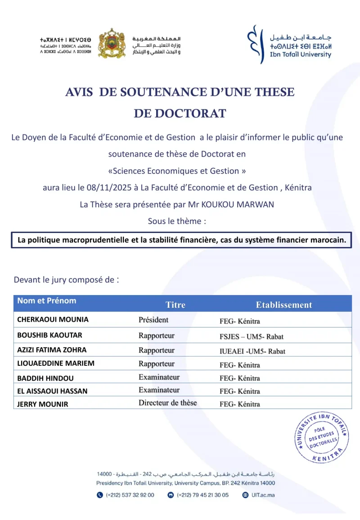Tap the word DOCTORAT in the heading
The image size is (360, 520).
180,113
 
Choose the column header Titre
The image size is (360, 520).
175,305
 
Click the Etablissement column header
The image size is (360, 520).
284,305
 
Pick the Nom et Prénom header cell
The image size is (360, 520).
47,300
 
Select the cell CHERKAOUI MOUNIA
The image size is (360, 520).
53,319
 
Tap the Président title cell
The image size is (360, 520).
153,320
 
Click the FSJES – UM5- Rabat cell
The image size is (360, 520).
251,336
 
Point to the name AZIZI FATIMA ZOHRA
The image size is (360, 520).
52,350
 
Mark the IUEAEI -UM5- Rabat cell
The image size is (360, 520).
252,351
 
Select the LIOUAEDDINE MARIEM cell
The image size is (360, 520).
56,363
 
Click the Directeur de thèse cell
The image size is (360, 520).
167,403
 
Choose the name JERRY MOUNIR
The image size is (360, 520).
43,404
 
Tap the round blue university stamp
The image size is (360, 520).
321,437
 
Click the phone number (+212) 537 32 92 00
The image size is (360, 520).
130,495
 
